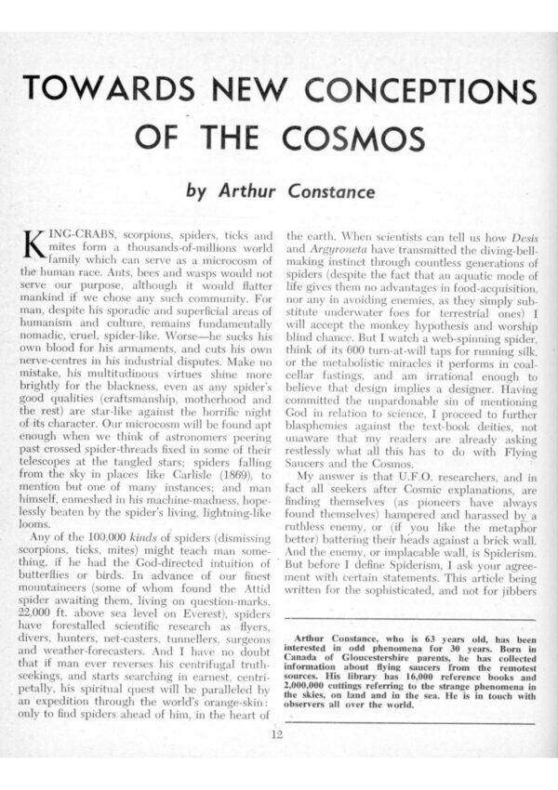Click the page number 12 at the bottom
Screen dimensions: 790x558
tap(277, 735)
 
